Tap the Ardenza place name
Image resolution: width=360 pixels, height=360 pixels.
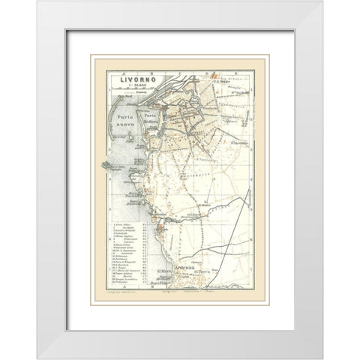pyautogui.click(x=186, y=268)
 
